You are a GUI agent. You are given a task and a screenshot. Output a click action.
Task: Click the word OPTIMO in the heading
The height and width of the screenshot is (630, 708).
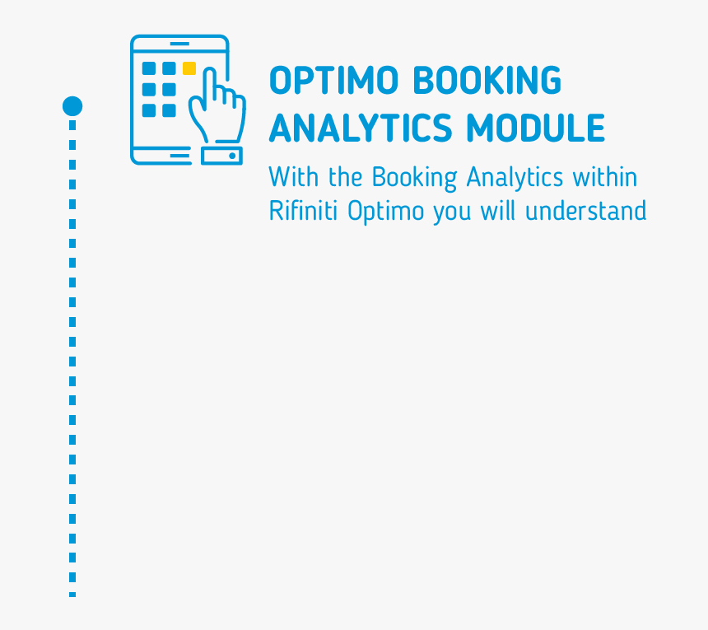point(335,81)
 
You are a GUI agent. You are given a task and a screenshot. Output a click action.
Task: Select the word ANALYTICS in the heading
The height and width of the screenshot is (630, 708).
point(361,128)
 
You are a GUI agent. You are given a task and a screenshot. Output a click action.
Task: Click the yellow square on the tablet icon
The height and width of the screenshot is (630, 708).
point(189,68)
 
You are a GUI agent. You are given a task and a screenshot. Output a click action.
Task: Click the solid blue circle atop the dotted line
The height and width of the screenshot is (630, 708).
point(72,106)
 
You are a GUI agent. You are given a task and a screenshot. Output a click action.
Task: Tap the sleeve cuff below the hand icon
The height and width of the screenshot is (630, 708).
point(221,155)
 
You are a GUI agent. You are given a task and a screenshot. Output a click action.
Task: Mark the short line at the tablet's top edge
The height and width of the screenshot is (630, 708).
point(179,43)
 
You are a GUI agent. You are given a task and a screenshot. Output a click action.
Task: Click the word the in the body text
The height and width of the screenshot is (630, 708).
point(346,177)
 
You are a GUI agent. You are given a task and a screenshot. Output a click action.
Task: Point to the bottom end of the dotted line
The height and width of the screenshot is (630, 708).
point(72,593)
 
